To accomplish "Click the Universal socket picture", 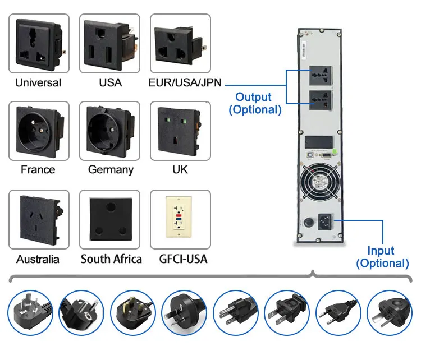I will [x=39, y=44].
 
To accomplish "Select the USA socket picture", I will [x=110, y=44].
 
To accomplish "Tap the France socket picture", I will [x=39, y=131].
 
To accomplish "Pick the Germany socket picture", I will [x=110, y=131].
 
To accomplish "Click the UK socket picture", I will [x=180, y=131].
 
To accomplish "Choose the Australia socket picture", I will [x=39, y=219].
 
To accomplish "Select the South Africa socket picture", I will [x=110, y=219].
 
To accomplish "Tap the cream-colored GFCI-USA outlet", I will [x=180, y=219].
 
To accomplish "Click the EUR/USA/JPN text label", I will [x=185, y=82].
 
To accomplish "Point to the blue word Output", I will [x=253, y=97].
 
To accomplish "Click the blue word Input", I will [x=381, y=251].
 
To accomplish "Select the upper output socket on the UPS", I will [x=320, y=77].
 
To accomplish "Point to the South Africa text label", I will [x=111, y=259].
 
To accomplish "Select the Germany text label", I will [x=111, y=169].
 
